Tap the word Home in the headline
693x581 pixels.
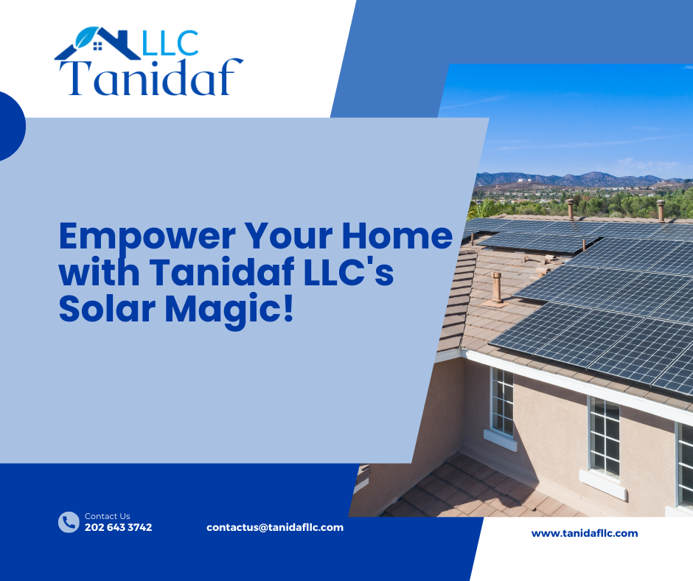pyautogui.click(x=397, y=236)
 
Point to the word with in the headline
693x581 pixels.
pyautogui.click(x=99, y=271)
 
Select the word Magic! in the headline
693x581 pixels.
pyautogui.click(x=229, y=311)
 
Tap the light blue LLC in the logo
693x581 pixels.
pyautogui.click(x=170, y=44)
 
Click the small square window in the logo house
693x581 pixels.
pyautogui.click(x=97, y=46)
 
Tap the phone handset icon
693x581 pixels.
pyautogui.click(x=69, y=522)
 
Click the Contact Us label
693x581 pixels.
pyautogui.click(x=108, y=516)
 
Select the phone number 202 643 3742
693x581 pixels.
pyautogui.click(x=119, y=527)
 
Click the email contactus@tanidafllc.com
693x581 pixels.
pyautogui.click(x=275, y=527)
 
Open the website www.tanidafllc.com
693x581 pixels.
pyautogui.click(x=585, y=533)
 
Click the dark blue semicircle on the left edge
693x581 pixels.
pyautogui.click(x=12, y=126)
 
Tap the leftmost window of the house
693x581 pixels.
pyautogui.click(x=502, y=402)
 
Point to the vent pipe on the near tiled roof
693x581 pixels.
pyautogui.click(x=497, y=288)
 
